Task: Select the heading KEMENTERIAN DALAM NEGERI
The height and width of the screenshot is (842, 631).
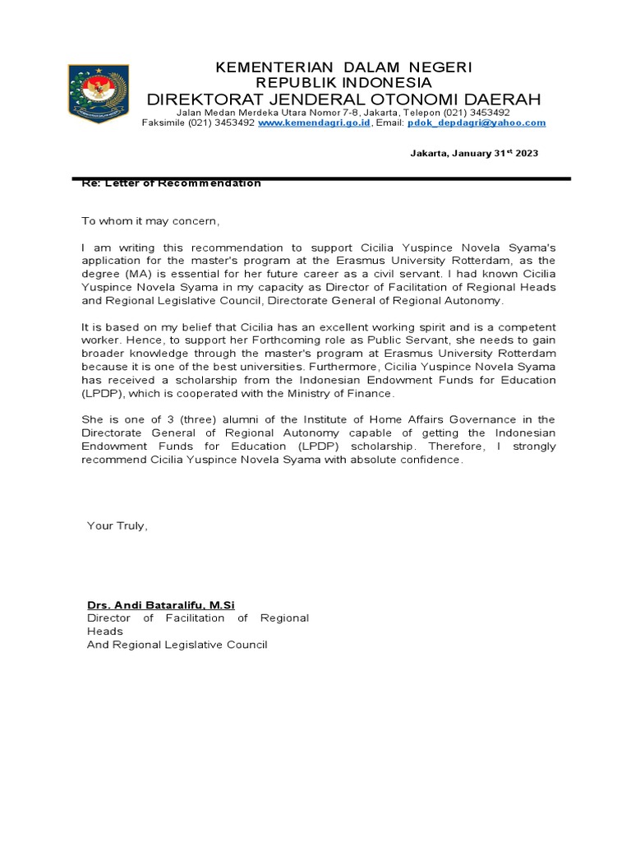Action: [x=343, y=67]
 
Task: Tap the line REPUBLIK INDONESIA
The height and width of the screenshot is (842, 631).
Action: [x=343, y=82]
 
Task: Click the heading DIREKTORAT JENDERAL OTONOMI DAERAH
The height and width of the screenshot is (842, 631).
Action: [x=343, y=99]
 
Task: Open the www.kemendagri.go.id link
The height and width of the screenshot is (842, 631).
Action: [x=314, y=123]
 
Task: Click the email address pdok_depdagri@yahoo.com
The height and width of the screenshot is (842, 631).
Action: [x=477, y=123]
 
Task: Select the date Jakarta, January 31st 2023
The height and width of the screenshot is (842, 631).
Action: [x=474, y=154]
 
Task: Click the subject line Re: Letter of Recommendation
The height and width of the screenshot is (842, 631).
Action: [x=171, y=183]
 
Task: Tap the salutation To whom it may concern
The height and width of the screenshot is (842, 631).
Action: [x=151, y=221]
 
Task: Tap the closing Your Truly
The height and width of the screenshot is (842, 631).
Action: [x=117, y=525]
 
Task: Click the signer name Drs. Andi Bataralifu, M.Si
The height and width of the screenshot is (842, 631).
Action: [x=161, y=605]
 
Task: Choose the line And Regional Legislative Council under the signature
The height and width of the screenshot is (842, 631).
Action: [x=177, y=645]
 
